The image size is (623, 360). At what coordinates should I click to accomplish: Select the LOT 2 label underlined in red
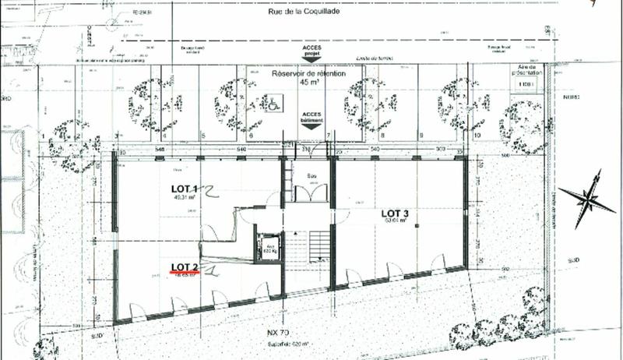pos(185,267)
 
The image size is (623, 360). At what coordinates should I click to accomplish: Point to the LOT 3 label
pos(396,212)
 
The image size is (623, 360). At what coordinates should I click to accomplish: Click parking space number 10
pos(477,136)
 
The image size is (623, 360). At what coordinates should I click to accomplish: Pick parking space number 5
pos(202,136)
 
